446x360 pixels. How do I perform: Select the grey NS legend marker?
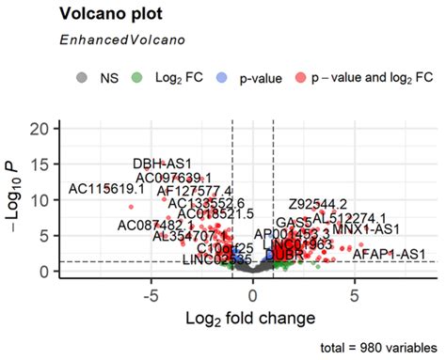click(82, 77)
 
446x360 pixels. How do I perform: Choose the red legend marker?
click(303, 77)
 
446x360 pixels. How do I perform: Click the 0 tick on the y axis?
click(48, 271)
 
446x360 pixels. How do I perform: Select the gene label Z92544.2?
click(318, 204)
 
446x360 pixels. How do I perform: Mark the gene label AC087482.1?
click(155, 226)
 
